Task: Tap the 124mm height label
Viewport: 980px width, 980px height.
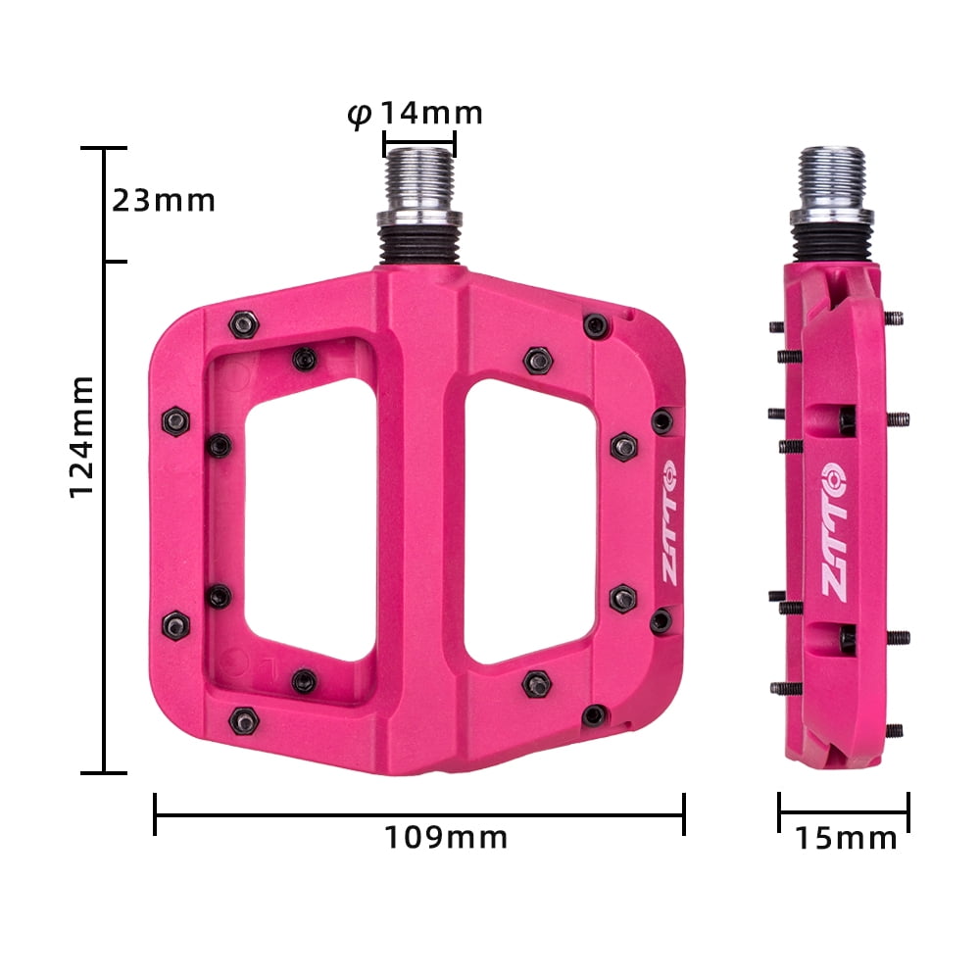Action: pyautogui.click(x=83, y=435)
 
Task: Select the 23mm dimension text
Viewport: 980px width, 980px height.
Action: pyautogui.click(x=163, y=200)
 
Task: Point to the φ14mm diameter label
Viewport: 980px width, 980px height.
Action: pyautogui.click(x=416, y=115)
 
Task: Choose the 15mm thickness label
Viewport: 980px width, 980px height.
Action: pyautogui.click(x=845, y=838)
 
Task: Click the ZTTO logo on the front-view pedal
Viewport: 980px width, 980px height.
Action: pyautogui.click(x=667, y=529)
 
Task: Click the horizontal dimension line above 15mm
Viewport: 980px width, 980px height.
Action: pyautogui.click(x=844, y=811)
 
